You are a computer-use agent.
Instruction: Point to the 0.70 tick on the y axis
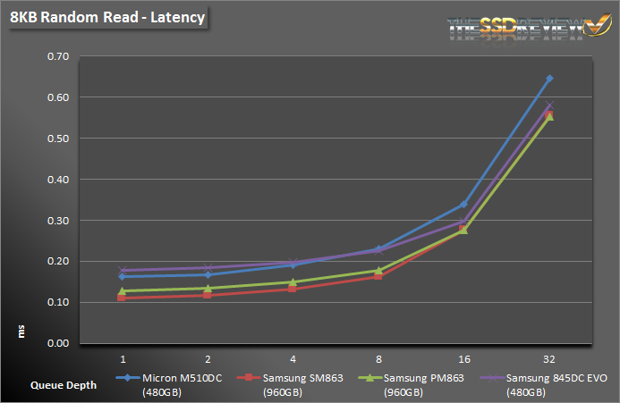point(58,56)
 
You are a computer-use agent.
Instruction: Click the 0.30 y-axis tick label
point(58,221)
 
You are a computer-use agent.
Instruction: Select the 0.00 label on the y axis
point(58,344)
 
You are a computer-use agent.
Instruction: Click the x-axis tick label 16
point(463,357)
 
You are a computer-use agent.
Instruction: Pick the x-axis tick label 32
point(548,357)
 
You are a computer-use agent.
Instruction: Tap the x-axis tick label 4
point(293,357)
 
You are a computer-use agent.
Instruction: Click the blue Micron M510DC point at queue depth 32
point(548,79)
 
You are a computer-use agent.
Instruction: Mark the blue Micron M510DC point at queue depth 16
point(463,205)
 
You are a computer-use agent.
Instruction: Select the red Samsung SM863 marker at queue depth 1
point(122,298)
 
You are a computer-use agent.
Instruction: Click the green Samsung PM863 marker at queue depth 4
point(293,282)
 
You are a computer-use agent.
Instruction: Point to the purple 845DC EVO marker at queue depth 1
point(122,270)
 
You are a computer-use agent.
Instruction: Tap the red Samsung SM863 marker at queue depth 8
point(378,276)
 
